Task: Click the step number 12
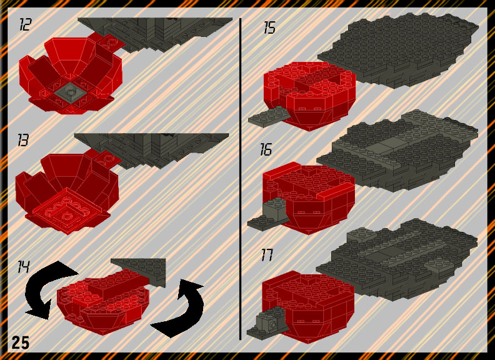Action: (x=25, y=24)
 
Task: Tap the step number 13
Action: (x=23, y=140)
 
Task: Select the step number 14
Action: (x=23, y=267)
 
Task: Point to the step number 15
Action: (x=269, y=27)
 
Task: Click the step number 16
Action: (x=266, y=149)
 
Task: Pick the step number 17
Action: (x=267, y=255)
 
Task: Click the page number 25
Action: (x=21, y=342)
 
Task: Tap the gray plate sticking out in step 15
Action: (x=268, y=117)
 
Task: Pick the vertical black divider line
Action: (x=240, y=179)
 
